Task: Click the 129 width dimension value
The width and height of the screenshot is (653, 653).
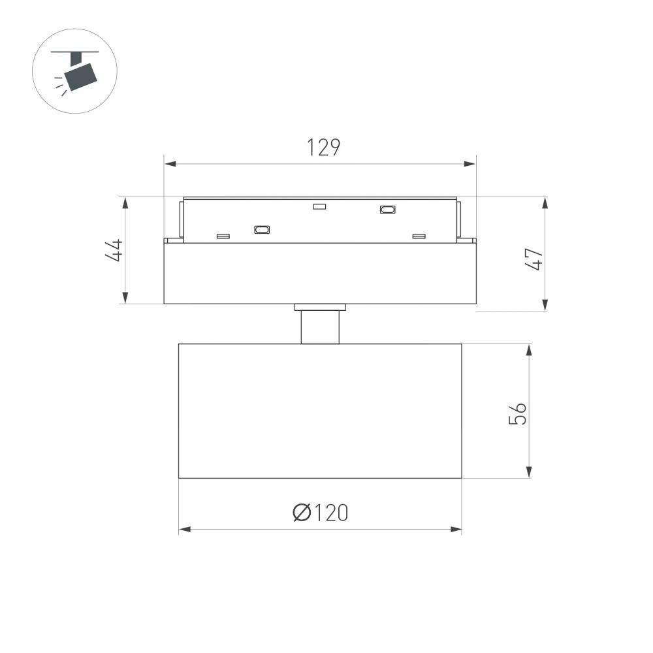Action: pyautogui.click(x=324, y=148)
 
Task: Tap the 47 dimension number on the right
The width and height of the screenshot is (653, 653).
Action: pyautogui.click(x=535, y=259)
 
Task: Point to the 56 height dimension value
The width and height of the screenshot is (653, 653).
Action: pyautogui.click(x=517, y=413)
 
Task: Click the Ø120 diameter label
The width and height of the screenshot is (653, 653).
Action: pyautogui.click(x=320, y=513)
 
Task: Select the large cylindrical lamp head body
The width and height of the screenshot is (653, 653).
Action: pyautogui.click(x=320, y=411)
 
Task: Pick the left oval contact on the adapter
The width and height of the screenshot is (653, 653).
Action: pyautogui.click(x=262, y=229)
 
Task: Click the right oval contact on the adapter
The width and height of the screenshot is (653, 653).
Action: pyautogui.click(x=387, y=210)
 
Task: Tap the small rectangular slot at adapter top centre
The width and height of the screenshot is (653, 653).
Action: pyautogui.click(x=319, y=207)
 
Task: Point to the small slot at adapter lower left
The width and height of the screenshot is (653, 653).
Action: pyautogui.click(x=223, y=236)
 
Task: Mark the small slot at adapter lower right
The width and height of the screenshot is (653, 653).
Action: pyautogui.click(x=419, y=236)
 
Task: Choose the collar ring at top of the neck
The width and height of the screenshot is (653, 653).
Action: pyautogui.click(x=320, y=307)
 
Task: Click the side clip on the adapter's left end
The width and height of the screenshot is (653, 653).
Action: pyautogui.click(x=178, y=221)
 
